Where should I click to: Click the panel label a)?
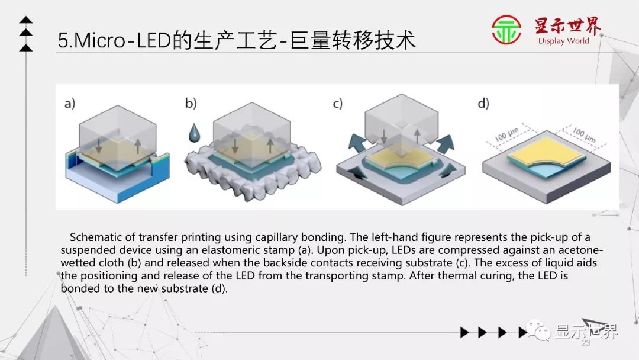(70, 104)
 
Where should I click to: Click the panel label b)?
(191, 104)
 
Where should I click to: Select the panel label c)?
(337, 104)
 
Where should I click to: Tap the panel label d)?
(483, 104)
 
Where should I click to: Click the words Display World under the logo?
(563, 41)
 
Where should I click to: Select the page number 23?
(586, 343)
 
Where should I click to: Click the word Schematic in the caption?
(95, 237)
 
